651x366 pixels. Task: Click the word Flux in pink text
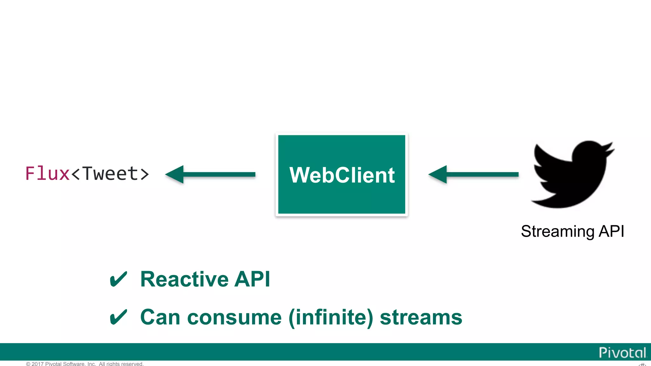pyautogui.click(x=47, y=173)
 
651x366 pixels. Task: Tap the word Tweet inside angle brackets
pyautogui.click(x=110, y=173)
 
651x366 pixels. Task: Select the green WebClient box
pyautogui.click(x=342, y=174)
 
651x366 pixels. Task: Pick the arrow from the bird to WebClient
pyautogui.click(x=474, y=174)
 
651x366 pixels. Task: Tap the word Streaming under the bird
pyautogui.click(x=558, y=231)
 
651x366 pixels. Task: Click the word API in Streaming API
pyautogui.click(x=612, y=231)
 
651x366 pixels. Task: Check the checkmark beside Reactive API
pyautogui.click(x=118, y=279)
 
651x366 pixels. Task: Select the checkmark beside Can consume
pyautogui.click(x=118, y=317)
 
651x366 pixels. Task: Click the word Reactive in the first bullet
pyautogui.click(x=184, y=279)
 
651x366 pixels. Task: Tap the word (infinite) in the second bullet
pyautogui.click(x=331, y=317)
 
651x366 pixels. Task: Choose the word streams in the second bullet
pyautogui.click(x=421, y=317)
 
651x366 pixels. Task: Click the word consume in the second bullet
pyautogui.click(x=234, y=317)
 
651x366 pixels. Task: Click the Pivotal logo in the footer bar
pyautogui.click(x=622, y=352)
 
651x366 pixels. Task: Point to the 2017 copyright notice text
pyautogui.click(x=85, y=364)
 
